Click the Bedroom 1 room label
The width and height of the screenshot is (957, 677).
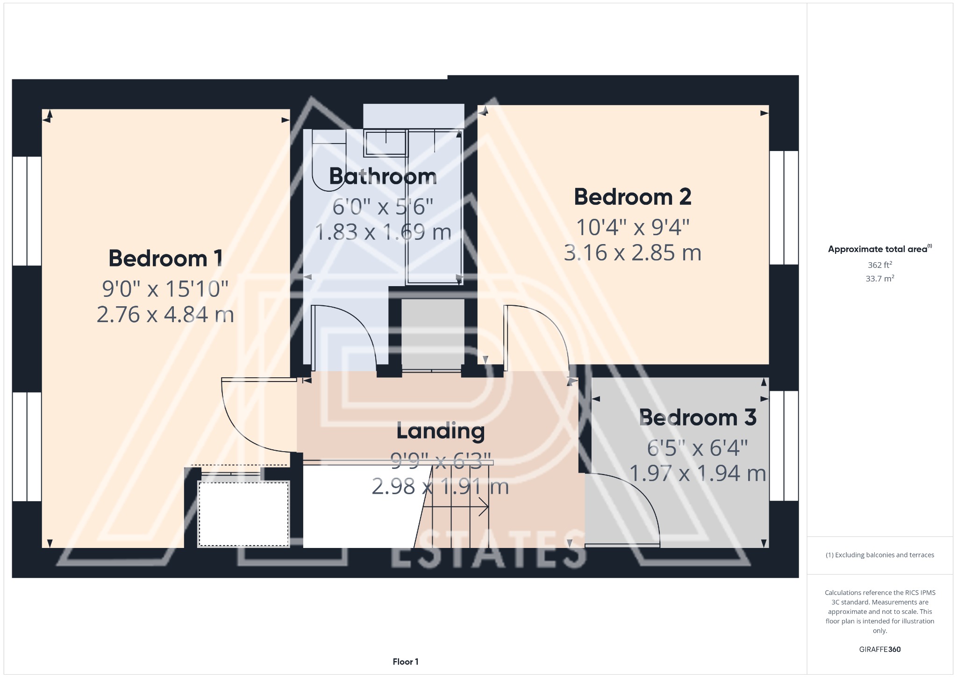pos(165,259)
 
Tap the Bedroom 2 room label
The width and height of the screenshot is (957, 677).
pos(632,197)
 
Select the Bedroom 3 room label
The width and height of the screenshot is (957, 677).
pos(697,418)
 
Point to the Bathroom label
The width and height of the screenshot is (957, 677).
pos(383,176)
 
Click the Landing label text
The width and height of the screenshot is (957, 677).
pos(440,431)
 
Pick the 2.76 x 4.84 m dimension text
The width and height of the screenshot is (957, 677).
pos(165,315)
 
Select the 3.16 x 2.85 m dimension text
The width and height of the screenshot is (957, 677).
pos(632,253)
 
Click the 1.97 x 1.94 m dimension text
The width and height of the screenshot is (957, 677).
pos(697,473)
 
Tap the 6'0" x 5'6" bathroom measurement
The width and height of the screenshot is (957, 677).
pos(383,207)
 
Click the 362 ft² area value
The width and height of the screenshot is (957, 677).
pos(879,265)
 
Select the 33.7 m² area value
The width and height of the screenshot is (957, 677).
pos(879,279)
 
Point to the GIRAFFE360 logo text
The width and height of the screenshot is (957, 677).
pos(879,649)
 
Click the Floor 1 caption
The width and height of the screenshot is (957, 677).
pos(405,662)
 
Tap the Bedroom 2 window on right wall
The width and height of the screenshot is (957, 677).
pos(784,208)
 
